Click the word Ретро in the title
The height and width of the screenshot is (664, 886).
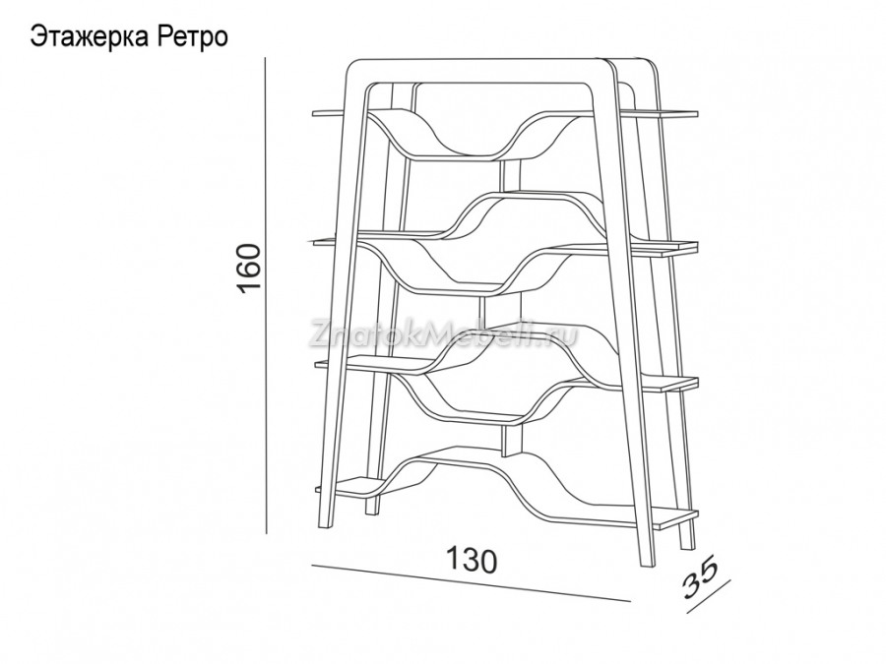pyautogui.click(x=189, y=37)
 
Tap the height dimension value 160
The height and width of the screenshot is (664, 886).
pyautogui.click(x=249, y=269)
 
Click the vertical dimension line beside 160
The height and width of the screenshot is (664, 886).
pyautogui.click(x=266, y=295)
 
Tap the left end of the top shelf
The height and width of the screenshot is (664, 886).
pyautogui.click(x=314, y=113)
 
